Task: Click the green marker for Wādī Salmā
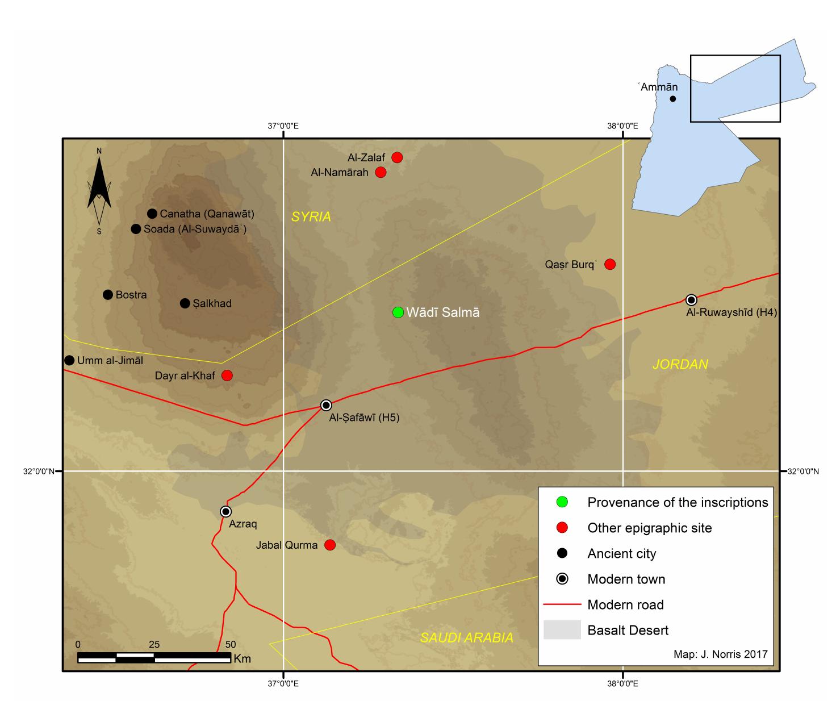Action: pos(398,312)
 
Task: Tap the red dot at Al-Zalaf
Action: pos(397,157)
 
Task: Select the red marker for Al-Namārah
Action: pos(381,172)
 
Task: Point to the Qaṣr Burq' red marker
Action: pos(610,264)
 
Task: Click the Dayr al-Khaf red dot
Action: pos(227,375)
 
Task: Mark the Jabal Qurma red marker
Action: pos(329,545)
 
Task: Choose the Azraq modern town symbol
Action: pos(226,511)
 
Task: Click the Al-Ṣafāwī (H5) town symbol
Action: pos(326,405)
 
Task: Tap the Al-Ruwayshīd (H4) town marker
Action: pos(691,300)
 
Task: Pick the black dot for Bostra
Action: pos(108,294)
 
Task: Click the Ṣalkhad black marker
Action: pos(185,303)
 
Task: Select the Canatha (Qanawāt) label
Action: pos(207,214)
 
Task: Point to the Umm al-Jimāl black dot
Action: pos(69,360)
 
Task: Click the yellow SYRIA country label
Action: pos(311,217)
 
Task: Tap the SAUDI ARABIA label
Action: pos(466,638)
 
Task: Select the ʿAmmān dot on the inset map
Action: pos(673,98)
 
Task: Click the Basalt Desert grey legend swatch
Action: pos(562,630)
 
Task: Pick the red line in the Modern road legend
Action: pos(562,604)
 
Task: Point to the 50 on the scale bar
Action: pos(230,645)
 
